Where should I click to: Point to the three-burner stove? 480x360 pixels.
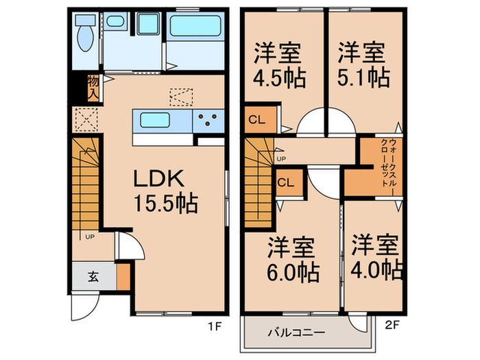tap(208, 121)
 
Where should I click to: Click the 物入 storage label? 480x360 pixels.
tap(93, 88)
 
